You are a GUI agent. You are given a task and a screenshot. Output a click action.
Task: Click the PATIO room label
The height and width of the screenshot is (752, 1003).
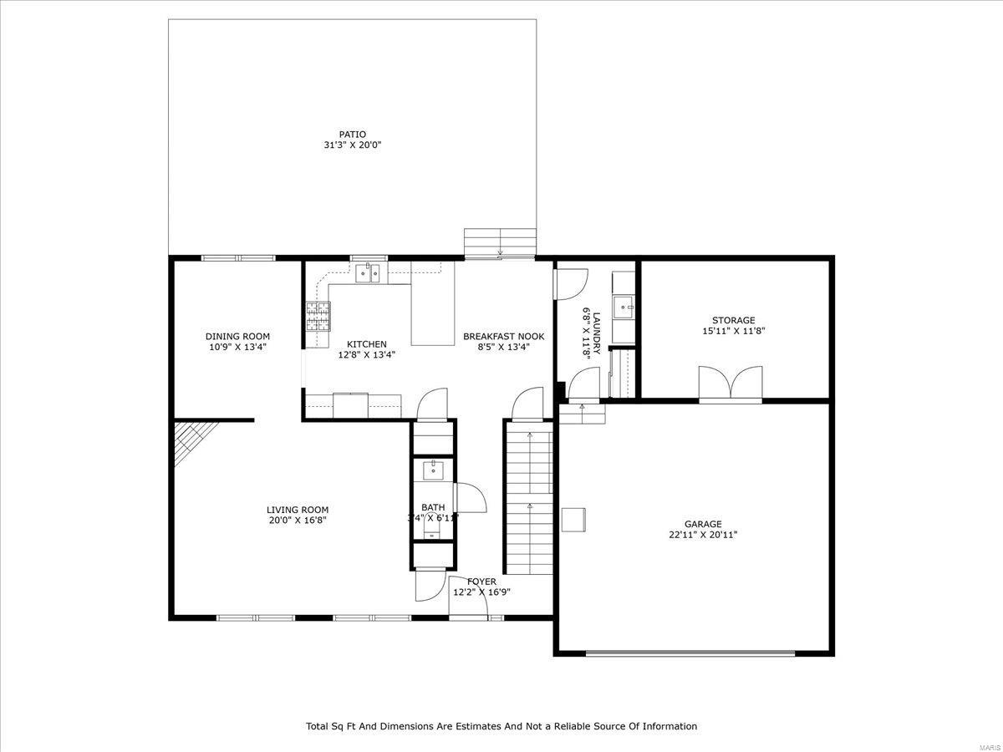[x=352, y=134]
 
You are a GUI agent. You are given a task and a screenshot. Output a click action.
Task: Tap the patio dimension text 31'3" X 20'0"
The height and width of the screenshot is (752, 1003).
[x=352, y=145]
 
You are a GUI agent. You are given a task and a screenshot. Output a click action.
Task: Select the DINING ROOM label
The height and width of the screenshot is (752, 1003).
[x=238, y=337]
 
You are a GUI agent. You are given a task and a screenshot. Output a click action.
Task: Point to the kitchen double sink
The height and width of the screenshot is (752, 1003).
[x=368, y=273]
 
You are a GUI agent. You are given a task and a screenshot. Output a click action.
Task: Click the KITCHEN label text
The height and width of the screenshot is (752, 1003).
[x=367, y=344]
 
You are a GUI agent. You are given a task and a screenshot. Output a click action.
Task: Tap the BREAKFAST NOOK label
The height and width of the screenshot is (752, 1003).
[x=503, y=337]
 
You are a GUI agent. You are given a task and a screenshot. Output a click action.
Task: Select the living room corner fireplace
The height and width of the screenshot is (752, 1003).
[x=191, y=442]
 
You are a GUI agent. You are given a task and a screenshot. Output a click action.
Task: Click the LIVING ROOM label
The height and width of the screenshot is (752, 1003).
[x=298, y=510]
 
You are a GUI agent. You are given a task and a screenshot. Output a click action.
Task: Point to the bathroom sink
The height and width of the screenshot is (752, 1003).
[x=433, y=470]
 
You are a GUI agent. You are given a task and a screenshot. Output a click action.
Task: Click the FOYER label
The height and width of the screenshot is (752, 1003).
[x=481, y=582]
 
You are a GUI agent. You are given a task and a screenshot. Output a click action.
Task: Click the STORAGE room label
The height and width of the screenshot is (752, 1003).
[x=733, y=320]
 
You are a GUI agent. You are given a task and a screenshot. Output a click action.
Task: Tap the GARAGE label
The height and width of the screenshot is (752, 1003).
[x=703, y=525]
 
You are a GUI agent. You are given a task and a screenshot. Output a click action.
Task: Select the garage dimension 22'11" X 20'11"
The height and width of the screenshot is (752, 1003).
[x=703, y=536]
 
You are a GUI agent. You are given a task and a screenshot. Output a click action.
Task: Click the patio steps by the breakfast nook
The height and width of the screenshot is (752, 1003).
[x=500, y=243]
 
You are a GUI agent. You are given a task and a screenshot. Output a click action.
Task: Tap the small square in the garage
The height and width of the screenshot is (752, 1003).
[x=574, y=519]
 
